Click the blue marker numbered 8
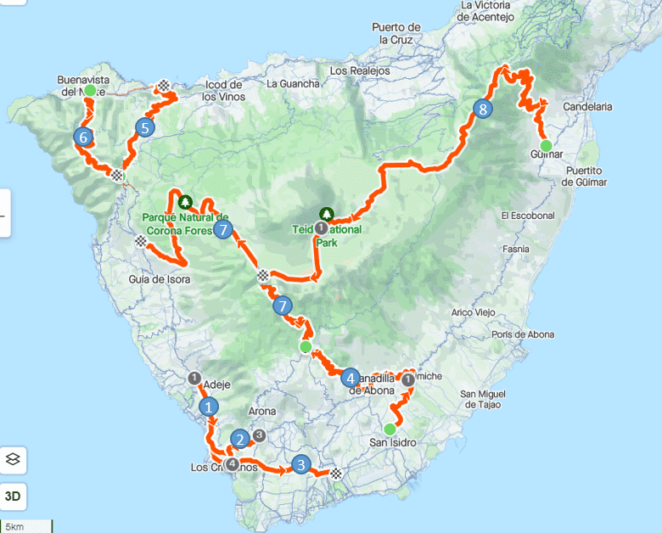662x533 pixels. pos(482,109)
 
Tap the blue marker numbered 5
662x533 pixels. pos(144,128)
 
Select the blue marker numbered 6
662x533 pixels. pos(82,136)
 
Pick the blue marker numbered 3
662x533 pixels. pos(300,464)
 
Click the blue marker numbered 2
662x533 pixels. pos(240,439)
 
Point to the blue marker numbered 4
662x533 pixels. pos(350,378)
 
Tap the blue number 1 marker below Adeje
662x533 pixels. pos(208,407)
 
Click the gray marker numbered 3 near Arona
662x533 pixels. pos(260,435)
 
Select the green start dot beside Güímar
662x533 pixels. pos(547,145)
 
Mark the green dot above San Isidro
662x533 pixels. pos(390,429)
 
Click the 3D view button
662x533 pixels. pos(14,495)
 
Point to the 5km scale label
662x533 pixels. pos(14,527)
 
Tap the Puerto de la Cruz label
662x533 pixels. pos(396,33)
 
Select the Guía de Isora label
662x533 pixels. pos(159,278)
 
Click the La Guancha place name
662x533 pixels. pos(293,84)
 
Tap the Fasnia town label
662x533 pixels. pos(516,249)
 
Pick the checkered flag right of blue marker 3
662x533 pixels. pos(336,473)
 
